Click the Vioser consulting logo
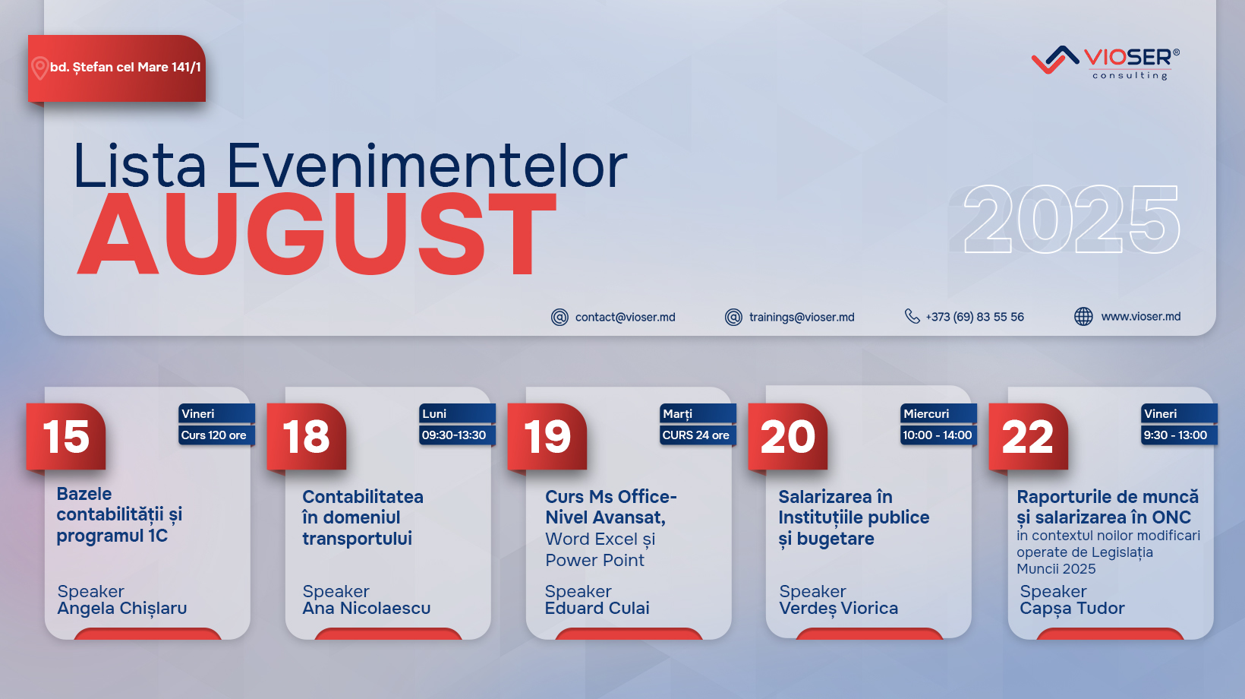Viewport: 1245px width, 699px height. click(1105, 63)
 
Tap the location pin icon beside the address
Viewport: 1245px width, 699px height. click(39, 68)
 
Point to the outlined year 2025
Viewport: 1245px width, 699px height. click(1070, 220)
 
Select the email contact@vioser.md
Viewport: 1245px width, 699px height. click(625, 317)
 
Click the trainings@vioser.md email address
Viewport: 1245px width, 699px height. click(802, 317)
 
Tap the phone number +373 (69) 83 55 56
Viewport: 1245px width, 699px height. click(974, 317)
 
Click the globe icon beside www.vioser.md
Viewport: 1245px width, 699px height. click(1083, 316)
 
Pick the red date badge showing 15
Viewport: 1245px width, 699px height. click(65, 438)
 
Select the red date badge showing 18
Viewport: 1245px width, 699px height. click(306, 438)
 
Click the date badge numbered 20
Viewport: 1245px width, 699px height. click(787, 438)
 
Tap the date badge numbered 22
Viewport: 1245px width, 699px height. click(1028, 438)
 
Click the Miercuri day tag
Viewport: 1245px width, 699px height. click(938, 414)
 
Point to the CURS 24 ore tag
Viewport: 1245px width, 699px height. click(698, 435)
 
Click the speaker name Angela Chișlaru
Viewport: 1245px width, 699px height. click(121, 609)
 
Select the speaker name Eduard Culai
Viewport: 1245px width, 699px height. click(597, 608)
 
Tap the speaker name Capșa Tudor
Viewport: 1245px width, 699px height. click(1072, 609)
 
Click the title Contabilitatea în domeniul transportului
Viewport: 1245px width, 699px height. click(362, 517)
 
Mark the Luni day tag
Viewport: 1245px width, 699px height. click(457, 414)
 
